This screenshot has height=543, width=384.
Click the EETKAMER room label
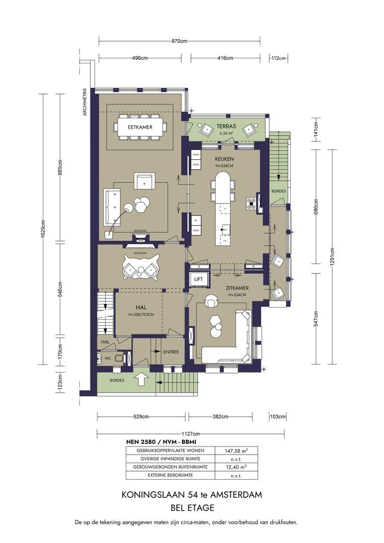[x=140, y=127]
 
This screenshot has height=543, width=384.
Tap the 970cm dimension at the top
[x=179, y=41]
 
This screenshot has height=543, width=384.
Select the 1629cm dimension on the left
[x=44, y=229]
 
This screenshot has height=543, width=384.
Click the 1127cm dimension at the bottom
[x=191, y=433]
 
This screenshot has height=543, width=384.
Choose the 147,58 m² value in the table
[x=237, y=451]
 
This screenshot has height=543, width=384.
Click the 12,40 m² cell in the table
[x=237, y=467]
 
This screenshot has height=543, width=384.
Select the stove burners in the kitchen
[x=251, y=204]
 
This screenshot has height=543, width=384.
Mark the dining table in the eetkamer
[x=140, y=127]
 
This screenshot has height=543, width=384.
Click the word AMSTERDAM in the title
[x=237, y=495]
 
